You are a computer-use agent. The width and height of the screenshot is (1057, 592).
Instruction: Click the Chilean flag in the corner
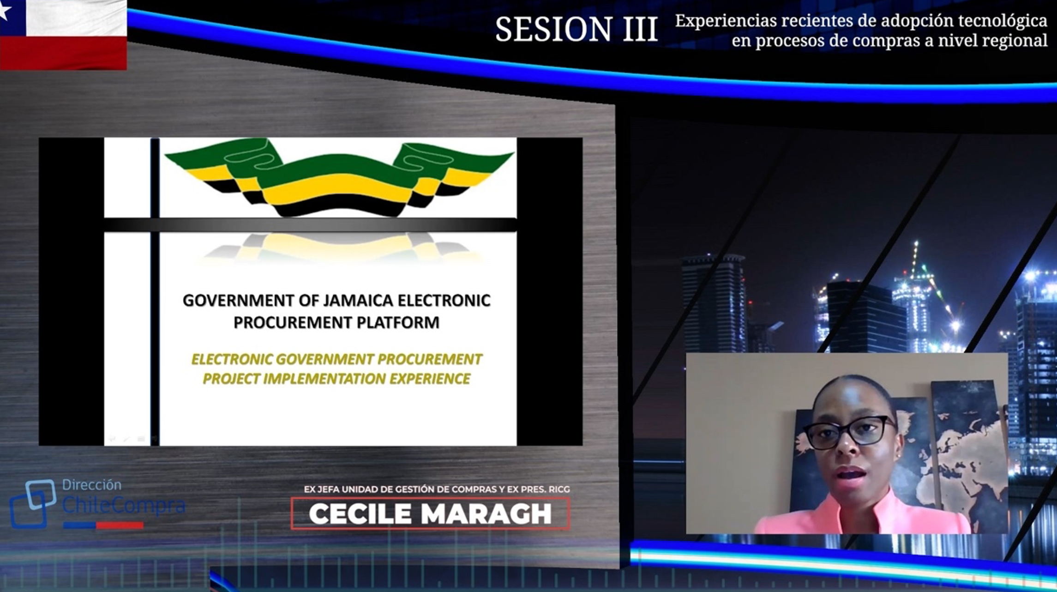(x=63, y=35)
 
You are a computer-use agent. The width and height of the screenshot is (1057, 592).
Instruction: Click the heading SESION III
(x=577, y=29)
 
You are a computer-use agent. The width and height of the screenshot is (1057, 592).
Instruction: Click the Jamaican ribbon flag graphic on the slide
(x=339, y=177)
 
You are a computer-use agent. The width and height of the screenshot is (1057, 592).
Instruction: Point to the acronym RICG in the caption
(x=559, y=489)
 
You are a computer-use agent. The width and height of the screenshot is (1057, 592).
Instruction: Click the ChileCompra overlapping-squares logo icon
(x=32, y=504)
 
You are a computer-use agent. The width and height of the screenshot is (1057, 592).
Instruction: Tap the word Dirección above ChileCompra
(x=91, y=485)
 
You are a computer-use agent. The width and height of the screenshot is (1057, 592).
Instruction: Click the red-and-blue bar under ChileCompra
(x=103, y=525)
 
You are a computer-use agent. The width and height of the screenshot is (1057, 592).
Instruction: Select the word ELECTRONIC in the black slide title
(x=444, y=301)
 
